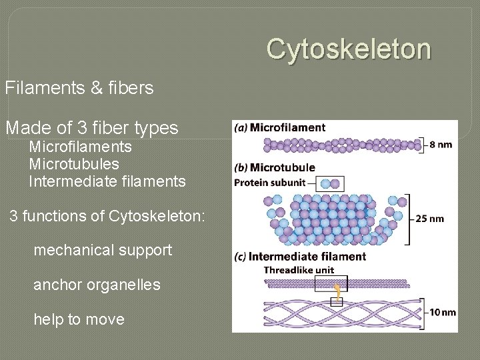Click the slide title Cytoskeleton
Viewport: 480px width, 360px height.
pyautogui.click(x=349, y=49)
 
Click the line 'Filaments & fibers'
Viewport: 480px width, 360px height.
pyautogui.click(x=79, y=87)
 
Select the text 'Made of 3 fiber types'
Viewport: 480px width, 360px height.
pyautogui.click(x=92, y=127)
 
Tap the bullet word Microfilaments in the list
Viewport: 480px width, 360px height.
pyautogui.click(x=81, y=147)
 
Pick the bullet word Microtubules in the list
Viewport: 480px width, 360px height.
pyautogui.click(x=74, y=164)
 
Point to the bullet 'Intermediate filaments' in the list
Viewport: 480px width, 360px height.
pyautogui.click(x=107, y=181)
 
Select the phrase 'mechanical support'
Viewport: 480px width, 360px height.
pyautogui.click(x=103, y=251)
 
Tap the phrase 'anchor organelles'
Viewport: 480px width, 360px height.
pyautogui.click(x=97, y=285)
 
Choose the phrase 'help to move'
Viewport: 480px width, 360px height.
pyautogui.click(x=79, y=319)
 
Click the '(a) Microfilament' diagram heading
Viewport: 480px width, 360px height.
pyautogui.click(x=280, y=128)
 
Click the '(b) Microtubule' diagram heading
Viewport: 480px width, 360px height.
pyautogui.click(x=275, y=167)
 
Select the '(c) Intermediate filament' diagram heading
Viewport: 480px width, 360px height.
pyautogui.click(x=300, y=257)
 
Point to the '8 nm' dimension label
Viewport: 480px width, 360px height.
pyautogui.click(x=441, y=144)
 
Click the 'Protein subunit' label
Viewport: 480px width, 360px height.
pyautogui.click(x=270, y=183)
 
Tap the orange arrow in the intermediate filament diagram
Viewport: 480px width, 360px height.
pyautogui.click(x=338, y=291)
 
